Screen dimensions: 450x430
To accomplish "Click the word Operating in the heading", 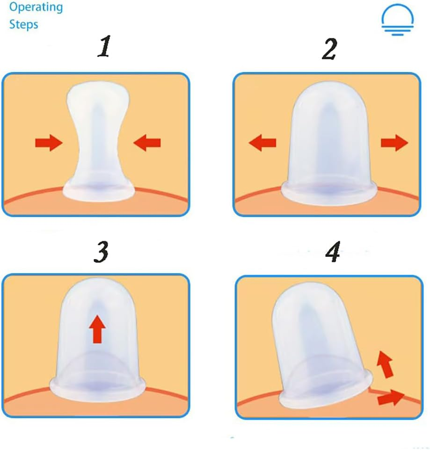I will coord(36,7).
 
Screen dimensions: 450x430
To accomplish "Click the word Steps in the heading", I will coord(23,24).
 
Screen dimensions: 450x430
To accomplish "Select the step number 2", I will coord(329,50).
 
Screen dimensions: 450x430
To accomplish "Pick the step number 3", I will coord(101,253).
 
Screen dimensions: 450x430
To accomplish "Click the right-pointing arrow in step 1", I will coord(49,142).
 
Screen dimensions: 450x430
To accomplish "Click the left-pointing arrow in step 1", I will coord(147,142).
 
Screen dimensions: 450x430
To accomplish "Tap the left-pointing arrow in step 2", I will coord(262,143).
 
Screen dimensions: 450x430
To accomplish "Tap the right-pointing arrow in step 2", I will coord(394,143).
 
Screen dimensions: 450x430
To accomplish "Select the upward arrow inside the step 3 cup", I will coord(97,329).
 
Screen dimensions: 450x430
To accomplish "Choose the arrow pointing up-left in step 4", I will coord(385,365).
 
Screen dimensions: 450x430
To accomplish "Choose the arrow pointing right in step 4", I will coord(390,398).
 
